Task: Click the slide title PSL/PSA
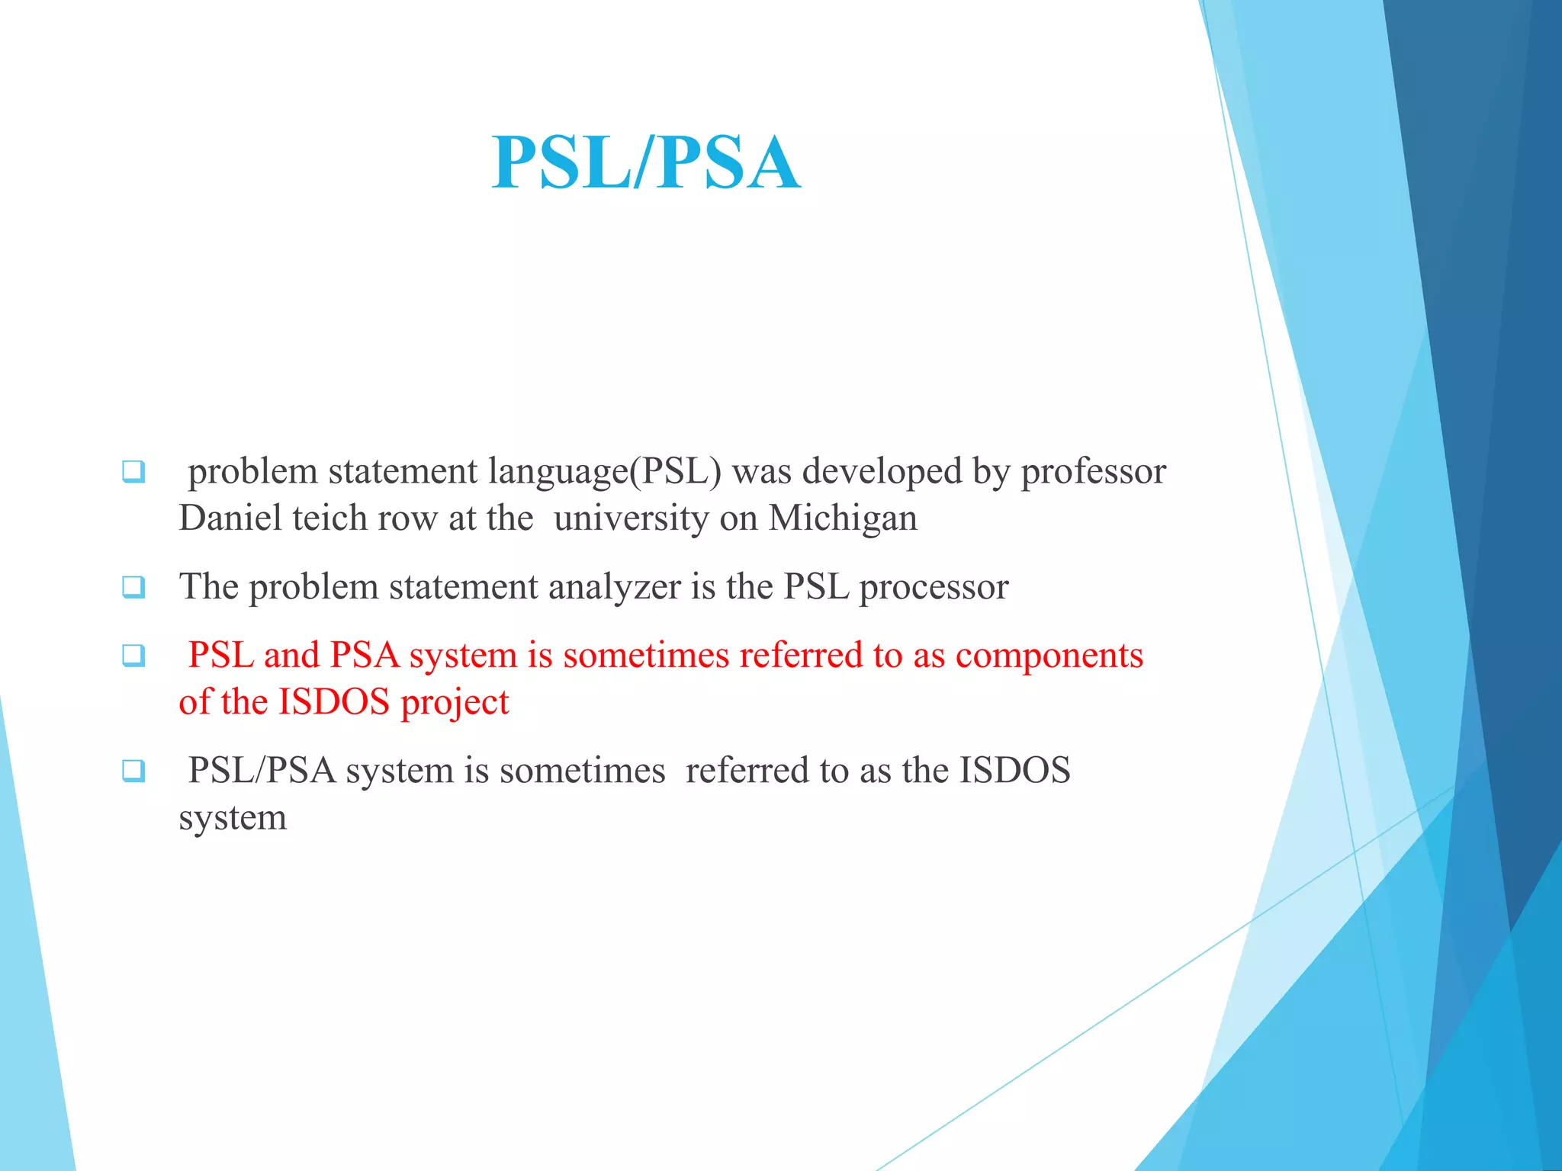(646, 162)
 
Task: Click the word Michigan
(843, 518)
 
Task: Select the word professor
(1094, 472)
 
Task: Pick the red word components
(1049, 656)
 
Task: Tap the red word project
(455, 703)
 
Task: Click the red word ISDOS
(334, 701)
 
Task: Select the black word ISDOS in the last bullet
(1015, 770)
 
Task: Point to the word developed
(883, 471)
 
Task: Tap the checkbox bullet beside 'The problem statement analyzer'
(133, 587)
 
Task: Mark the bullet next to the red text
(133, 655)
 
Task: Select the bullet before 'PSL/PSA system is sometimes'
(133, 770)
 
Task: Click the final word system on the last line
(233, 818)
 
